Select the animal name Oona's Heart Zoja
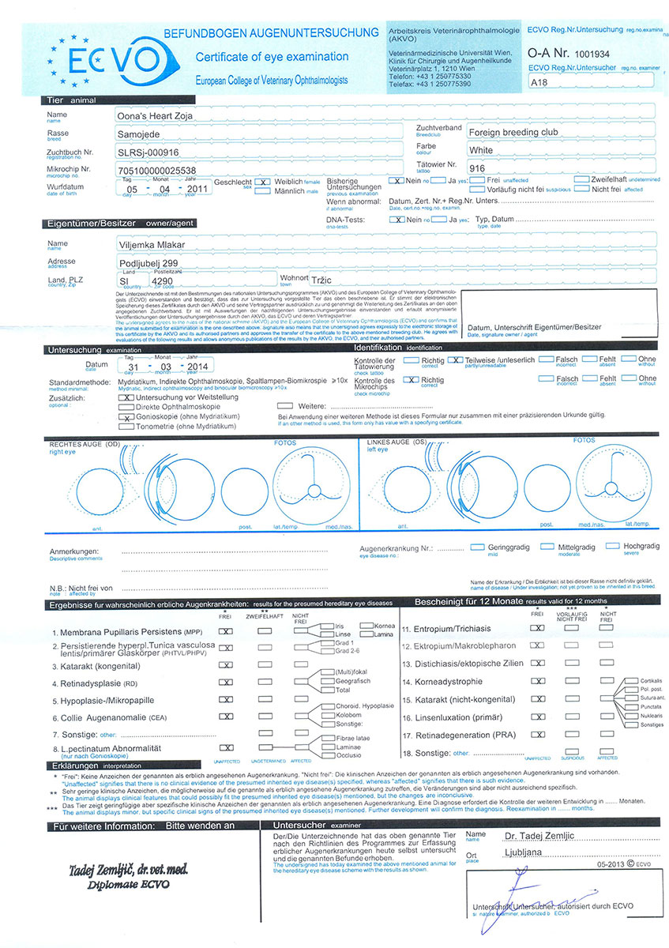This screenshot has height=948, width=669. tap(155, 116)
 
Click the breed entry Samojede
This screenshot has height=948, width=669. tap(139, 134)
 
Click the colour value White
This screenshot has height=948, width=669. tap(482, 150)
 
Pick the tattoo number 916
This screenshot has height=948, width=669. tap(477, 168)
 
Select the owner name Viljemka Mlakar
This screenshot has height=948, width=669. tap(151, 245)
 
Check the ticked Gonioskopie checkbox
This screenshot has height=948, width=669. tap(125, 416)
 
